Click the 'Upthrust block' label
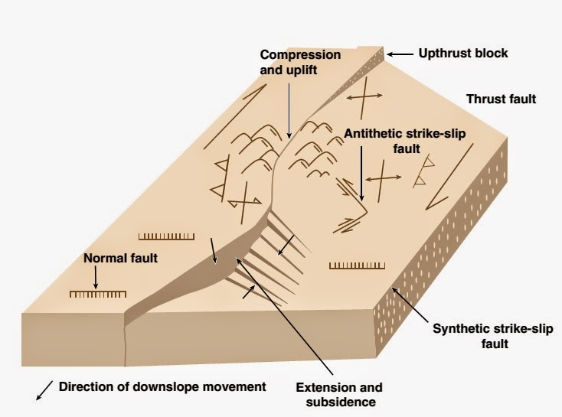[463, 54]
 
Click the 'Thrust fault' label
[501, 99]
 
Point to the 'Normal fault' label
[120, 259]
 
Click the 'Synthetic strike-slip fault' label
[471, 337]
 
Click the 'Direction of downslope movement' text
[162, 387]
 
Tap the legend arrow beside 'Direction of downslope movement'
[44, 390]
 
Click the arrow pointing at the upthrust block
[399, 54]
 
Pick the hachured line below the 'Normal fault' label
[96, 294]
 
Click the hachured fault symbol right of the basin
[355, 266]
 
